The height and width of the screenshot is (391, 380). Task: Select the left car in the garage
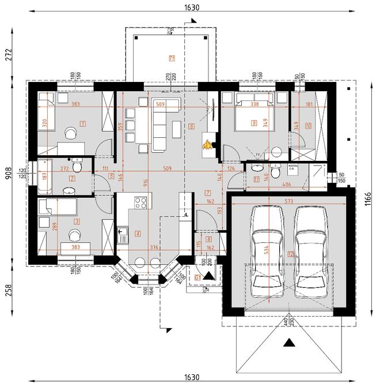(267, 253)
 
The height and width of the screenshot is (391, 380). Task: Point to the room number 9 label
(253, 123)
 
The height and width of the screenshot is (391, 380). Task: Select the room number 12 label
(291, 254)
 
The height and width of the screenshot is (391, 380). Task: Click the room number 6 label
(191, 127)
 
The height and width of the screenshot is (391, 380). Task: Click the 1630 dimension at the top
(192, 7)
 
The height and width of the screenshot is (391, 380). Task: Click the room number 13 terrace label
(172, 58)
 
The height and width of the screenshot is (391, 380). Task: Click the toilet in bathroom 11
(276, 171)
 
